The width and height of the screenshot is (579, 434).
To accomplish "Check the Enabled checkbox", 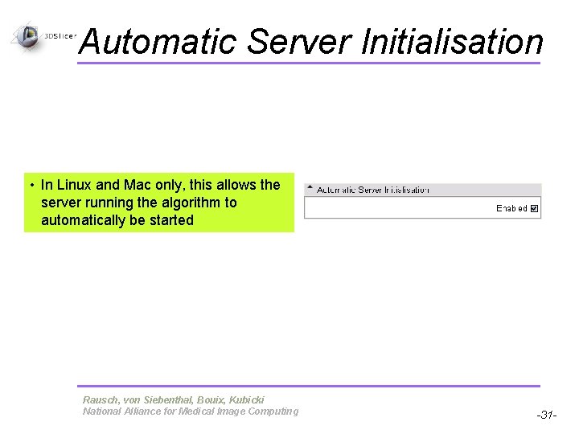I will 535,208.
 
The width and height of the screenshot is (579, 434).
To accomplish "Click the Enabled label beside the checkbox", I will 511,208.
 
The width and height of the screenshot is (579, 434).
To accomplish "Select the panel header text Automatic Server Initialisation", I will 373,190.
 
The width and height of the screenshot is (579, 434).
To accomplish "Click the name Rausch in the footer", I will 100,399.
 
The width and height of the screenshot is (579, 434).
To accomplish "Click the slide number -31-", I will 547,415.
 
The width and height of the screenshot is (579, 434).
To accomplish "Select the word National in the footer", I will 101,411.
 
